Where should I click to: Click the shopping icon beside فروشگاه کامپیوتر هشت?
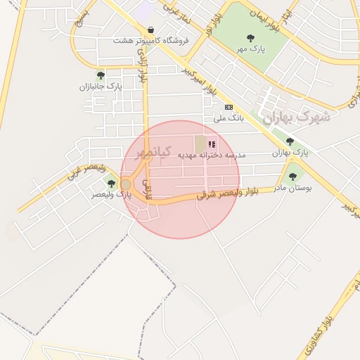151,30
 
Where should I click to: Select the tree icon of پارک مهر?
250,38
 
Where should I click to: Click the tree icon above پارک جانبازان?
101,75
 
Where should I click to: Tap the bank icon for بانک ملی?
228,107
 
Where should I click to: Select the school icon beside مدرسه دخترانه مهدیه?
212,144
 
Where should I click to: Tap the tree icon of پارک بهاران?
290,142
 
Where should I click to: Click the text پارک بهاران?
290,153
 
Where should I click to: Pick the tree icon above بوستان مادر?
292,176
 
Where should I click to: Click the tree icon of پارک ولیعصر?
111,184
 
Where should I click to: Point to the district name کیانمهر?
148,153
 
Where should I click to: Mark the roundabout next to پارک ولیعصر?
127,184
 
